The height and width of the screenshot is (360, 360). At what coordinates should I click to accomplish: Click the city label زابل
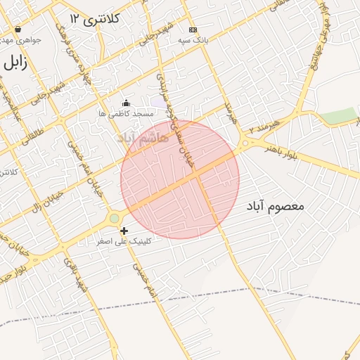(15, 62)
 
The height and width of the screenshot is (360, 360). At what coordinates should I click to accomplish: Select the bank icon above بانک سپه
(193, 30)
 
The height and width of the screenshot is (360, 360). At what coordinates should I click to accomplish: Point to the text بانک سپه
(192, 41)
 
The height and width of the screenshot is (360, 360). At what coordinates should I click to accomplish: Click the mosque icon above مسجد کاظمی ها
(126, 103)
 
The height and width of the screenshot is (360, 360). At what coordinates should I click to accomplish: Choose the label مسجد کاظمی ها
(126, 113)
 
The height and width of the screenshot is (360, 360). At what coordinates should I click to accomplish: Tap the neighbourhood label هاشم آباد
(144, 137)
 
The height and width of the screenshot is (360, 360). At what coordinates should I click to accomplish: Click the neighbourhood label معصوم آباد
(275, 207)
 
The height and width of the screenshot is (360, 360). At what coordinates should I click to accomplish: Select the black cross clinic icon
(124, 231)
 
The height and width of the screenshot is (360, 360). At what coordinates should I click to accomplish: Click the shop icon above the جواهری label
(18, 30)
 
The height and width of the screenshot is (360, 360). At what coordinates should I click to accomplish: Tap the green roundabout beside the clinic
(114, 219)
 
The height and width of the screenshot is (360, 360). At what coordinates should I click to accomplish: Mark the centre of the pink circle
(180, 179)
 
